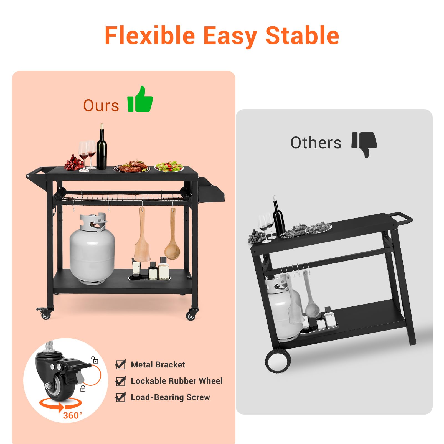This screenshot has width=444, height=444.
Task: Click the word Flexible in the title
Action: click(x=150, y=35)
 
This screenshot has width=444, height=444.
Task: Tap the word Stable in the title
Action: click(x=302, y=35)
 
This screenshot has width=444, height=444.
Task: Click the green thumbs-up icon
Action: click(x=140, y=99)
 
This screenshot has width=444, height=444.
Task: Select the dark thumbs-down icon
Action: click(x=364, y=144)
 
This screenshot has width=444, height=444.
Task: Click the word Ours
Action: click(x=101, y=106)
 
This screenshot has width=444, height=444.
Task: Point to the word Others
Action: click(x=316, y=143)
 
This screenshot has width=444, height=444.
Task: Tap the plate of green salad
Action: click(x=169, y=167)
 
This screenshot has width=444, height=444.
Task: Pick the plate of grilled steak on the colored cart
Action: click(x=132, y=166)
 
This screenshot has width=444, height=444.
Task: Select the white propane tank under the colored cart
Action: click(x=92, y=248)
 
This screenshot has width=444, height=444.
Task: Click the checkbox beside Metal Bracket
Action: click(x=120, y=364)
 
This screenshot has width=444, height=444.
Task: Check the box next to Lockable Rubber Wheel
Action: click(x=120, y=381)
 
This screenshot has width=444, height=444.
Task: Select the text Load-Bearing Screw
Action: click(x=170, y=397)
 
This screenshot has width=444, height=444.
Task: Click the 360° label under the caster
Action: click(x=73, y=415)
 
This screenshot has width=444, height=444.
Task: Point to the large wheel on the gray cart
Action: click(x=278, y=361)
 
